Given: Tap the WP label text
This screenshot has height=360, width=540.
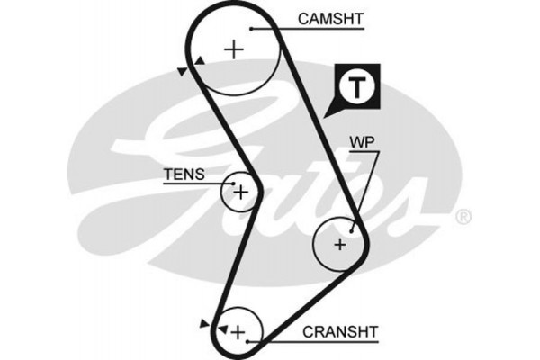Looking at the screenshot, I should click(362, 141).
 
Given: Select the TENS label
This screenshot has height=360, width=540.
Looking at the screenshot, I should click(184, 174).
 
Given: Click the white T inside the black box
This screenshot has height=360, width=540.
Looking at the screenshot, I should click(357, 87).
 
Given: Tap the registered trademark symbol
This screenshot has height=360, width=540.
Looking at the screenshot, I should click(463, 216).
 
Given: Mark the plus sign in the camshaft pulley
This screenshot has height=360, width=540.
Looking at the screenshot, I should click(234, 49).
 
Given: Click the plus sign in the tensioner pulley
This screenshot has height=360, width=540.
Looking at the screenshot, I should click(240, 191).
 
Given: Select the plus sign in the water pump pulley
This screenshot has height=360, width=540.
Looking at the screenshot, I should click(339, 243).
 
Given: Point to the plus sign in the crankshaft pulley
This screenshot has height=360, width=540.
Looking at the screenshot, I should click(238, 334).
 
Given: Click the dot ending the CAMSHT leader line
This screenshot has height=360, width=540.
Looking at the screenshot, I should click(253, 29).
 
